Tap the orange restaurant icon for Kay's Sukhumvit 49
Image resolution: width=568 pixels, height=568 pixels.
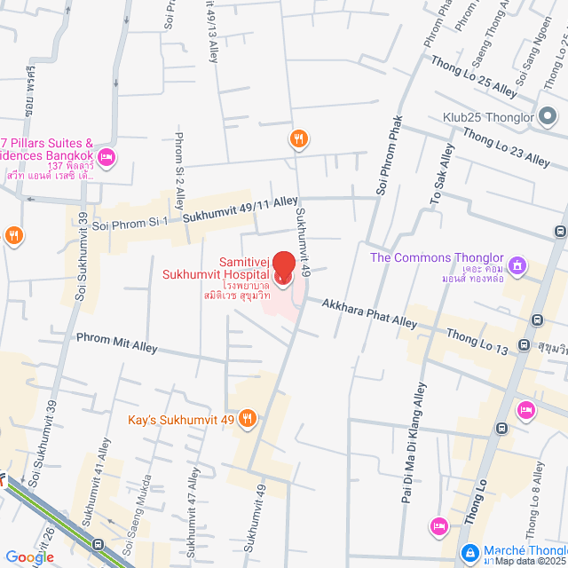tap(248, 418)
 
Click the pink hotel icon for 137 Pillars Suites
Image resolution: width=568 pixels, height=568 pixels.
tap(106, 159)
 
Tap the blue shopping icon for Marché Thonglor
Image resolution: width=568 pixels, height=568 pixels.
tap(469, 551)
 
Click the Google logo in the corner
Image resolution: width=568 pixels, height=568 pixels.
tap(29, 557)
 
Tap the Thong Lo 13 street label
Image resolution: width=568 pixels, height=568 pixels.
tap(477, 341)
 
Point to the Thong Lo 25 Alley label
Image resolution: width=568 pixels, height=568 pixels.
tap(472, 76)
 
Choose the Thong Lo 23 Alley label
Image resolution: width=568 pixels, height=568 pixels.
tap(506, 146)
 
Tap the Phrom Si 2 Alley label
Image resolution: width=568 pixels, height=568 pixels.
tap(179, 170)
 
